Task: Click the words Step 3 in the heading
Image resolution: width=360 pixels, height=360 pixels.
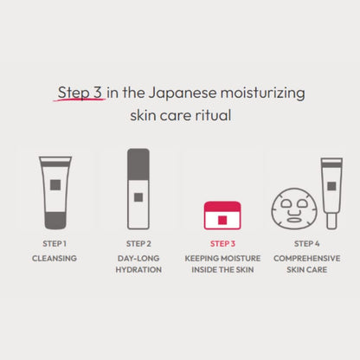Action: coord(80,92)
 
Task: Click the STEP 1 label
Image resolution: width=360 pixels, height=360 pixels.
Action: coord(55,243)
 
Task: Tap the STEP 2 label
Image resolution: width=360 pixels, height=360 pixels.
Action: coord(138,243)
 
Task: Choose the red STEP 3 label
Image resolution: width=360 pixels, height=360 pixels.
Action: coord(221,243)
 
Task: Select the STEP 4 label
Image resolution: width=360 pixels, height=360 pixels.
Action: coord(307,243)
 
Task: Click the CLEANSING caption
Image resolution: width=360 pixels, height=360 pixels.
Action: coord(55,258)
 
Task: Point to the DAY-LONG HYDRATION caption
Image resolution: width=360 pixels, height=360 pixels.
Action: coord(138,264)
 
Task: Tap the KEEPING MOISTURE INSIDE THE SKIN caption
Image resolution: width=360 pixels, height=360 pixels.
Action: coord(221,264)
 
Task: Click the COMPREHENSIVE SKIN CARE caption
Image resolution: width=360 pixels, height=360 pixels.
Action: coord(307,264)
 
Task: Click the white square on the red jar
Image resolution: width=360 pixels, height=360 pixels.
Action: coord(222,215)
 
